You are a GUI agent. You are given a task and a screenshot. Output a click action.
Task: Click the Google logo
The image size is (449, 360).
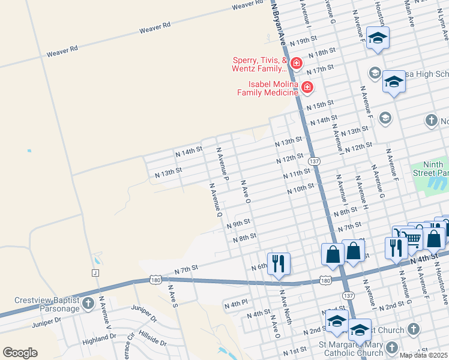pos(20,353)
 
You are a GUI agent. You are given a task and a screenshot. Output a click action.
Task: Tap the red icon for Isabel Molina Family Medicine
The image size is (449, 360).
pos(307,88)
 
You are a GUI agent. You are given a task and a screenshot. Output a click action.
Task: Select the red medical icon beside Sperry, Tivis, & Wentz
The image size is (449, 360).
pos(296,63)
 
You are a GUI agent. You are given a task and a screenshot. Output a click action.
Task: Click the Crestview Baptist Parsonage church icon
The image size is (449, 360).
pos(89,303)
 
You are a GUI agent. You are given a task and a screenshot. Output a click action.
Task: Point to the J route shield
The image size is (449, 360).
pos(95,273)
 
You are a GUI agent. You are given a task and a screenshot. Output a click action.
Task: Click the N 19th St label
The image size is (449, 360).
pos(303,43)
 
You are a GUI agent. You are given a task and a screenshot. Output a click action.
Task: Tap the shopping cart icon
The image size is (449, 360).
pos(413,239)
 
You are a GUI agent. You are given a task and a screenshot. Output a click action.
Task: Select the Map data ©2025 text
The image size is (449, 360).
pos(423,355)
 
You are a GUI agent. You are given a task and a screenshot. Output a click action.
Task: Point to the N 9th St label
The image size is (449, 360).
pos(238,223)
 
